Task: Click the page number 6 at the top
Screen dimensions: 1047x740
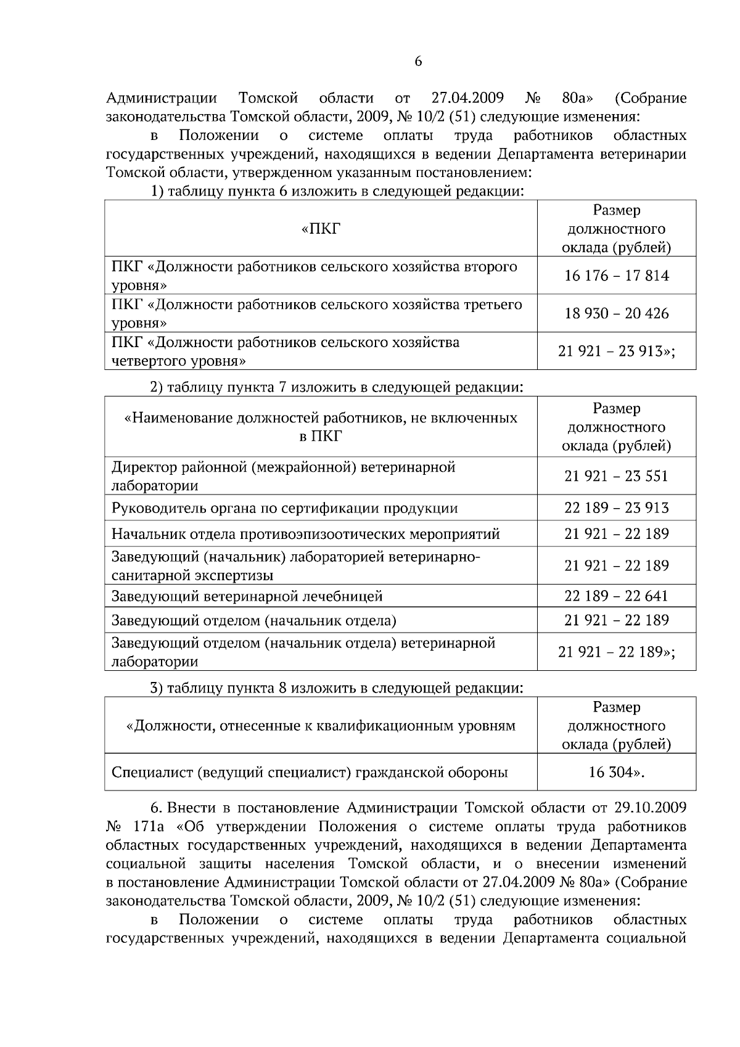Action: (418, 62)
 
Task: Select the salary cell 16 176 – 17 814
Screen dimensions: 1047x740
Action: (616, 276)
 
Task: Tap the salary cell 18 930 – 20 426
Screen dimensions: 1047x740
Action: (616, 313)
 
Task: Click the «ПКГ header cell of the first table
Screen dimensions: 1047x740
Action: (321, 229)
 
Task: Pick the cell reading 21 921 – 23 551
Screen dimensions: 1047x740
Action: (616, 476)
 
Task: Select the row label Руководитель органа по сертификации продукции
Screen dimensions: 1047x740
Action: (284, 508)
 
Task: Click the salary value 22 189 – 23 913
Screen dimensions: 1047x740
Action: (616, 508)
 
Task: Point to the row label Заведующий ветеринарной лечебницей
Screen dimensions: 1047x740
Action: (247, 596)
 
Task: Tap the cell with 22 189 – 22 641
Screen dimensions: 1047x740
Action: (616, 596)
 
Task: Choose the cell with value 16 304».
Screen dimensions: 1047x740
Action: (616, 772)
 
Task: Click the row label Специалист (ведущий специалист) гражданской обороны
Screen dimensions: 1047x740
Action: (310, 772)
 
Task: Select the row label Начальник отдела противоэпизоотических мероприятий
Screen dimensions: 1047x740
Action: (305, 534)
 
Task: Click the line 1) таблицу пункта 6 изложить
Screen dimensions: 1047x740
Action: (337, 191)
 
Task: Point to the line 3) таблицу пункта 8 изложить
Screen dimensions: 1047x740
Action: (337, 688)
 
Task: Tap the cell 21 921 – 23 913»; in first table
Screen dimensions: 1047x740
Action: (616, 351)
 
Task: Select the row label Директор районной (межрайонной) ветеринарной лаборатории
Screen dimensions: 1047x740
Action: (283, 476)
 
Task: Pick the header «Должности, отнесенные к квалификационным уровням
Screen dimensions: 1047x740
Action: (321, 726)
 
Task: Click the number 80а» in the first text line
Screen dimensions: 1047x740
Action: (577, 98)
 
